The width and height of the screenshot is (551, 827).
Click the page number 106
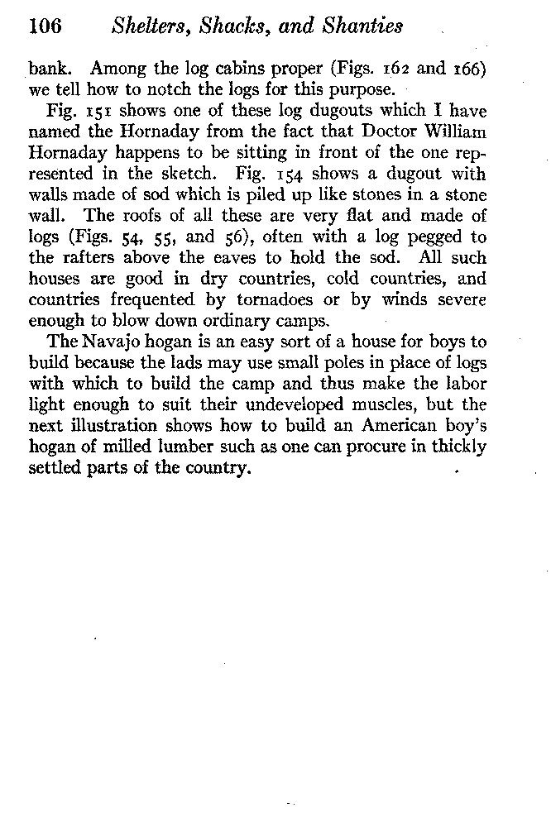click(46, 26)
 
